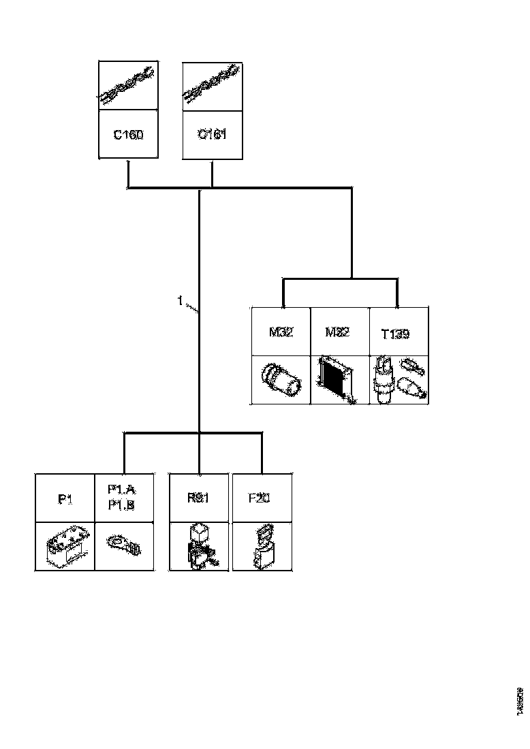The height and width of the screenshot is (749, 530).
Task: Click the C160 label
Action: tap(128, 135)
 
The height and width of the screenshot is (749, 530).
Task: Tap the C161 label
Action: tap(212, 135)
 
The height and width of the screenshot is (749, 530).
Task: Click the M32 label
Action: tap(281, 334)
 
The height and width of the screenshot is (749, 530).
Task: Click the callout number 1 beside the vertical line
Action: tap(181, 301)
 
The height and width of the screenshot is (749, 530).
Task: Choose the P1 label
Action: tap(65, 499)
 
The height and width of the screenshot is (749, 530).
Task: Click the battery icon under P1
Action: tap(65, 547)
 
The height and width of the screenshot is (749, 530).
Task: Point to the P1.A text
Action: tap(123, 489)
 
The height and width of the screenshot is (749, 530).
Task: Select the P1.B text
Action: tap(123, 505)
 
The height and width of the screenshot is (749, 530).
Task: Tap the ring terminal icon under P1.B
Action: tap(123, 545)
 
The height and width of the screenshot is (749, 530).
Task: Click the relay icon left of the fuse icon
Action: tap(199, 547)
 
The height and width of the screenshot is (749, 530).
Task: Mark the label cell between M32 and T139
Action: tap(339, 332)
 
